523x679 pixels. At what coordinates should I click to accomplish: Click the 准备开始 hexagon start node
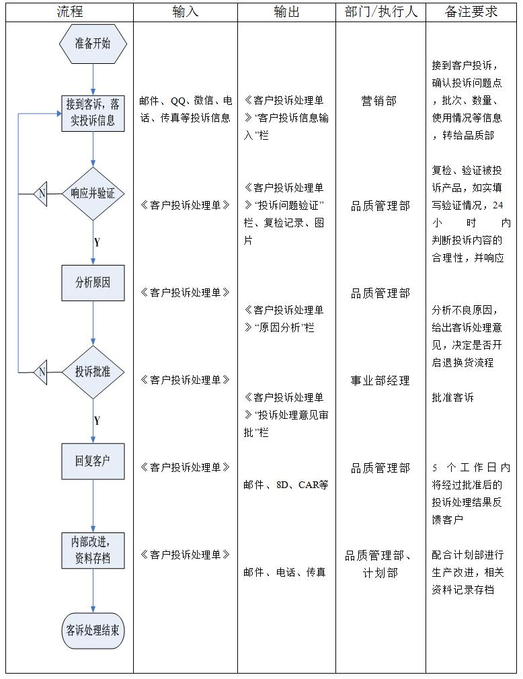point(93,44)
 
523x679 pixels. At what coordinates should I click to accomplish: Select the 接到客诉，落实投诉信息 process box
point(93,112)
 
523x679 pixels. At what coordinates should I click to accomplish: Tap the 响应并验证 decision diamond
point(93,194)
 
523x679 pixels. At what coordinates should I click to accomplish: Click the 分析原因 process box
point(93,283)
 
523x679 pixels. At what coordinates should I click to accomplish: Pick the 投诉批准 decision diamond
point(93,372)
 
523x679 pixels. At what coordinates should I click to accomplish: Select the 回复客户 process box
point(93,461)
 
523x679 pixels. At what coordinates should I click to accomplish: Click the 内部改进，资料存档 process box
point(93,549)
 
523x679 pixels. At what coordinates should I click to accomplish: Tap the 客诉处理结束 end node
point(93,631)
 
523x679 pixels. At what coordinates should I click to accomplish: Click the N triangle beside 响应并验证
point(41,194)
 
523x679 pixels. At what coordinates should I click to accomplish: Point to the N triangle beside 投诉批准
point(41,372)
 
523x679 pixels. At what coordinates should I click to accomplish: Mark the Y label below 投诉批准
point(97,421)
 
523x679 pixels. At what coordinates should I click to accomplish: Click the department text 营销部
point(380,101)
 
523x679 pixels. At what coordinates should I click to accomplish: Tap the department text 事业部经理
point(380,381)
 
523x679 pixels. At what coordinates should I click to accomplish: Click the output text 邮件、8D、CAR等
point(286,485)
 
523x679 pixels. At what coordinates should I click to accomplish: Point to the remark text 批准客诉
point(452,397)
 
